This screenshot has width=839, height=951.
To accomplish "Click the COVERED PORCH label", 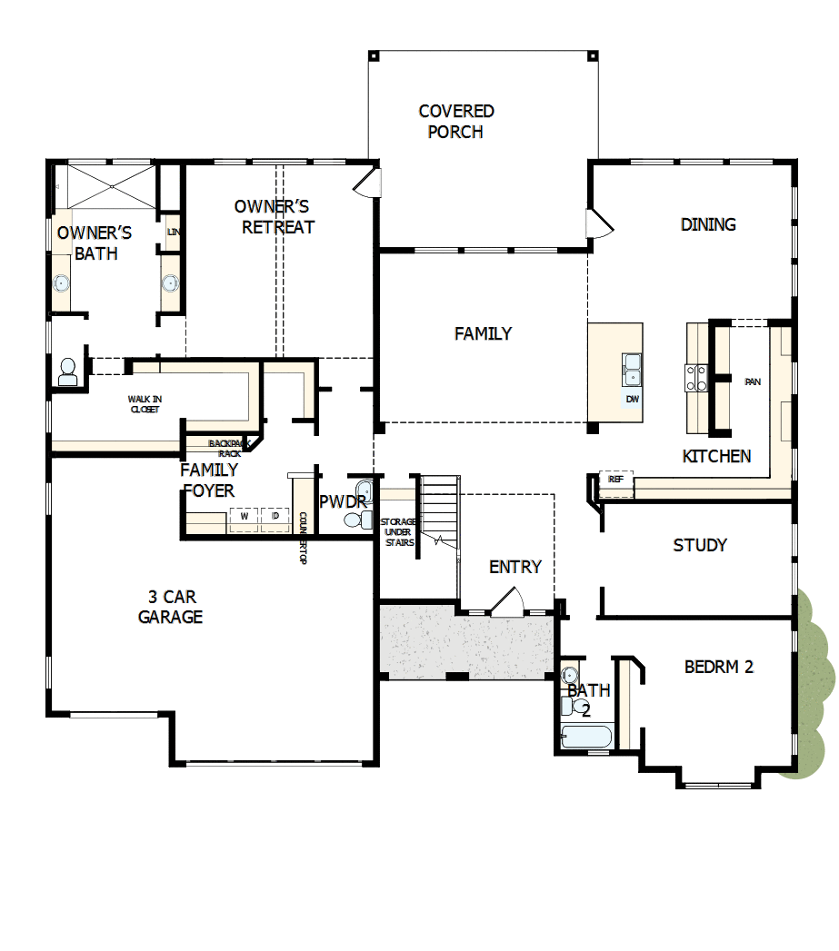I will (456, 122).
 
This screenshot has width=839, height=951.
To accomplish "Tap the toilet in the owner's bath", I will (67, 371).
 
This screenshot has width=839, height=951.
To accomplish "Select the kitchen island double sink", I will (632, 370).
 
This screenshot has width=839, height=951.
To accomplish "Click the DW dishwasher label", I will (632, 400).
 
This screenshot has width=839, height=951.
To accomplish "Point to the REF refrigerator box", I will (616, 480).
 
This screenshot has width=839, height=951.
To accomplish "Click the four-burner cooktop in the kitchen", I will (696, 377).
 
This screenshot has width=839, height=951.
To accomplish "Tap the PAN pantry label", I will (752, 382).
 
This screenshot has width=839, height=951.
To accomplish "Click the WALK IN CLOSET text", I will (143, 404).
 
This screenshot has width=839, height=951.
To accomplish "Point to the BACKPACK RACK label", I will (225, 448).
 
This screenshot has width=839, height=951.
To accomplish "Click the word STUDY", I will (700, 545).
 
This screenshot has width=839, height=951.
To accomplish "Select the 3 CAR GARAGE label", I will (170, 607).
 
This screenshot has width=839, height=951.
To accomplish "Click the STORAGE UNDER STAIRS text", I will (398, 531).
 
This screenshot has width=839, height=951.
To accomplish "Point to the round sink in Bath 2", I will (570, 676).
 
